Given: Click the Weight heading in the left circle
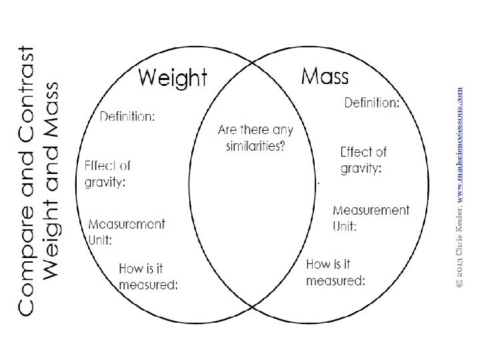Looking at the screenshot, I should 173,79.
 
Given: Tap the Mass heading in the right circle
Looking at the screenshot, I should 325,75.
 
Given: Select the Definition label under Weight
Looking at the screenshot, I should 127,117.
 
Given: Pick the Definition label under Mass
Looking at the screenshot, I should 371,103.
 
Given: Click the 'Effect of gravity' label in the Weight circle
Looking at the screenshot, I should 108,173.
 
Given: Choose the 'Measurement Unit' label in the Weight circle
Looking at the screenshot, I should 126,231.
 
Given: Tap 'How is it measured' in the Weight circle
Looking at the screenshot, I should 148,277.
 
